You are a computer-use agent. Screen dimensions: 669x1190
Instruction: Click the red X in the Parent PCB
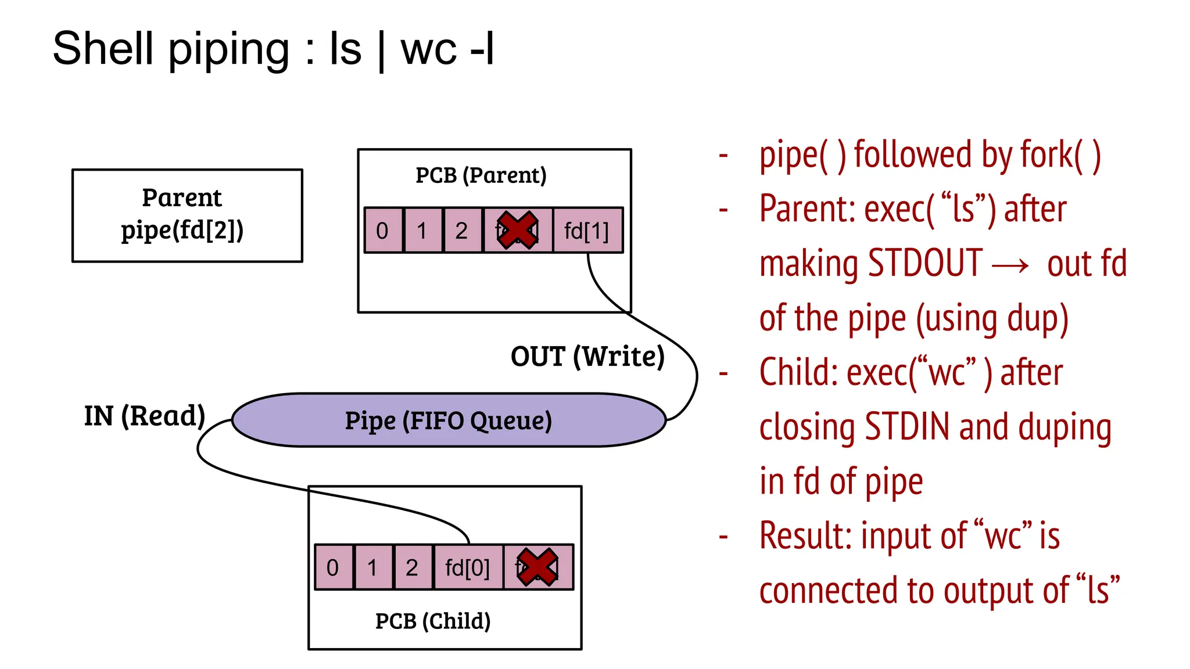point(517,231)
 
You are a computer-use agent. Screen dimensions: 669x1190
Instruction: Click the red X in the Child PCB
point(537,567)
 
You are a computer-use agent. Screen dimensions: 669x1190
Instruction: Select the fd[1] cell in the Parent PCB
point(587,231)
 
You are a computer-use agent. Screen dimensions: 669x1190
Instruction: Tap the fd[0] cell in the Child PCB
point(467,567)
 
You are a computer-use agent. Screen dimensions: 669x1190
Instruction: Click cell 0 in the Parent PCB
point(382,231)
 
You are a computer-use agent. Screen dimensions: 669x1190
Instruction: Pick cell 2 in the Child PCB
point(412,567)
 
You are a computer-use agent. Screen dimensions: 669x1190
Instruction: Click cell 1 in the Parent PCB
point(422,231)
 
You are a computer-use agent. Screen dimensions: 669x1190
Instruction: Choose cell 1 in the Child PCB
point(372,567)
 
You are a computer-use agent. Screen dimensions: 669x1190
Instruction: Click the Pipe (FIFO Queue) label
point(448,420)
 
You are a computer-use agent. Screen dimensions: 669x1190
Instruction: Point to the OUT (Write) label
point(587,356)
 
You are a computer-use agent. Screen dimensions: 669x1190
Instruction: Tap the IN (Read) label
point(145,416)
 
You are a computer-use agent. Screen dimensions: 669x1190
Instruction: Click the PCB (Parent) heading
point(481,175)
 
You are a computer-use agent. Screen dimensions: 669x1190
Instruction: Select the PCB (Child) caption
point(433,621)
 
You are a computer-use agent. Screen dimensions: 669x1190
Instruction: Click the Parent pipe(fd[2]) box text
point(182,214)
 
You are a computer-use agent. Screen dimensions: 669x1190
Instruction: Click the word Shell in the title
point(103,49)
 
